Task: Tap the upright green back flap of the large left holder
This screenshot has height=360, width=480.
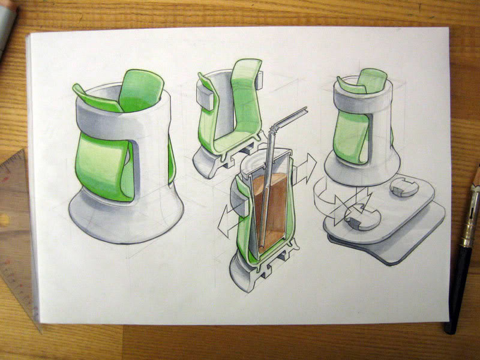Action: point(141,90)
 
